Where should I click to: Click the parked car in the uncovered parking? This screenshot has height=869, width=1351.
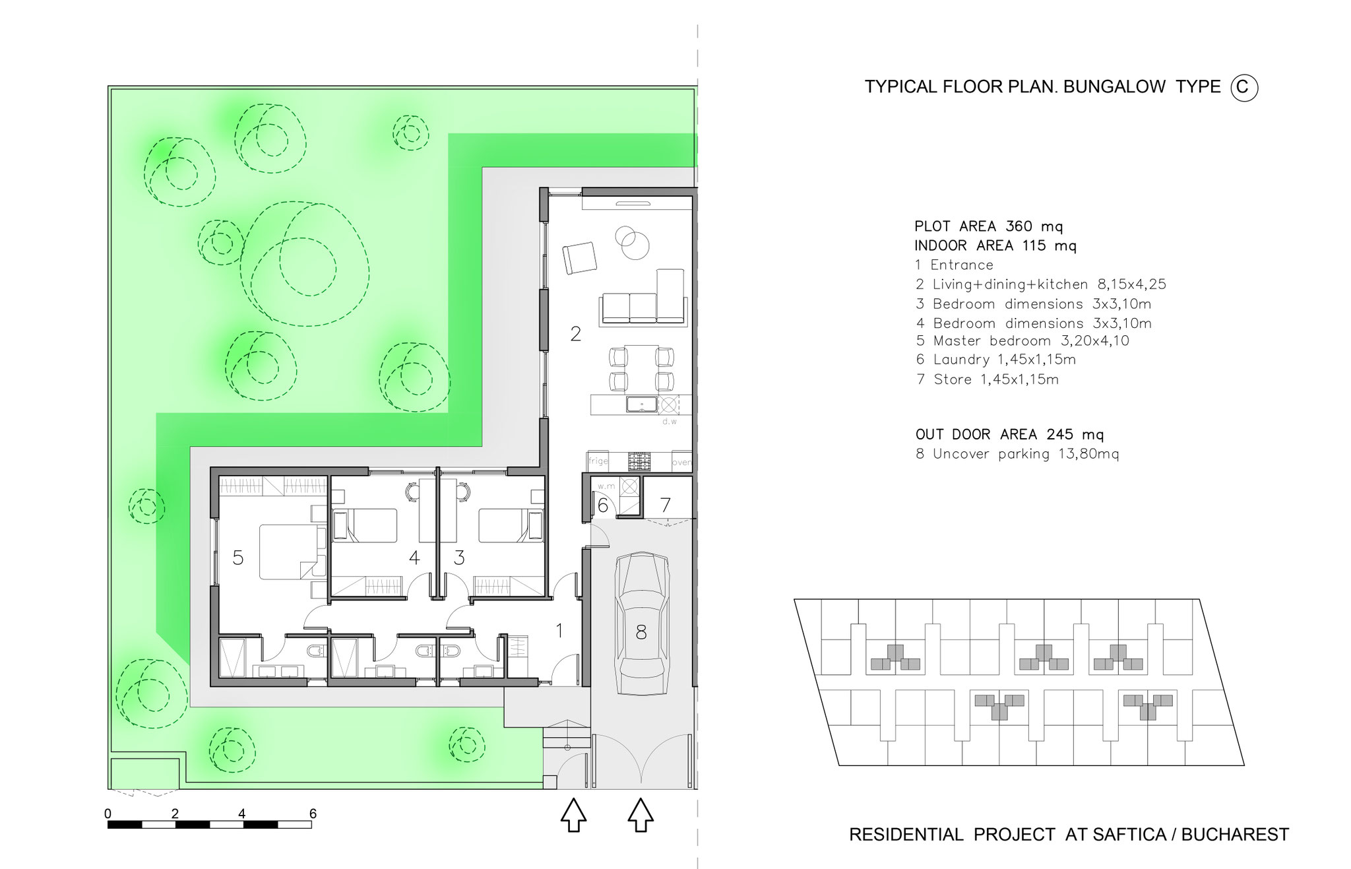(x=641, y=623)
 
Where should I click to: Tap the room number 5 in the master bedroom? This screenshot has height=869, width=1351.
(x=238, y=558)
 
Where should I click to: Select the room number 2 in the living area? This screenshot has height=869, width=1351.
(x=575, y=334)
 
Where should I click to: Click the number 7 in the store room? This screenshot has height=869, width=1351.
(x=666, y=505)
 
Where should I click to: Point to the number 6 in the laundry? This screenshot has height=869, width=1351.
(x=602, y=505)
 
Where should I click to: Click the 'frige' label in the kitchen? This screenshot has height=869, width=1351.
(x=598, y=461)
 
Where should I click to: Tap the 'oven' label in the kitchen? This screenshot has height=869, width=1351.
(x=681, y=463)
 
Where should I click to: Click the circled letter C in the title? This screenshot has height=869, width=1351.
(x=1244, y=88)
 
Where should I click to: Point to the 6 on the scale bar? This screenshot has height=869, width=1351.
(x=313, y=814)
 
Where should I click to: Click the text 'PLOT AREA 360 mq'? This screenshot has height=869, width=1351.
(x=989, y=226)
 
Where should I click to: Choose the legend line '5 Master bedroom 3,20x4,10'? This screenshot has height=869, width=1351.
(x=1022, y=341)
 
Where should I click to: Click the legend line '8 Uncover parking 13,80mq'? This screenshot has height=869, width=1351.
(x=1017, y=454)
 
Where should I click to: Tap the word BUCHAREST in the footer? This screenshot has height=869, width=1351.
(x=1235, y=835)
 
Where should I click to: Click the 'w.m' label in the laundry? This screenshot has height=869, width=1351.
(x=606, y=487)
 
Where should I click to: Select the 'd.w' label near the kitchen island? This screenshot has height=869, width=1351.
(x=670, y=421)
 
